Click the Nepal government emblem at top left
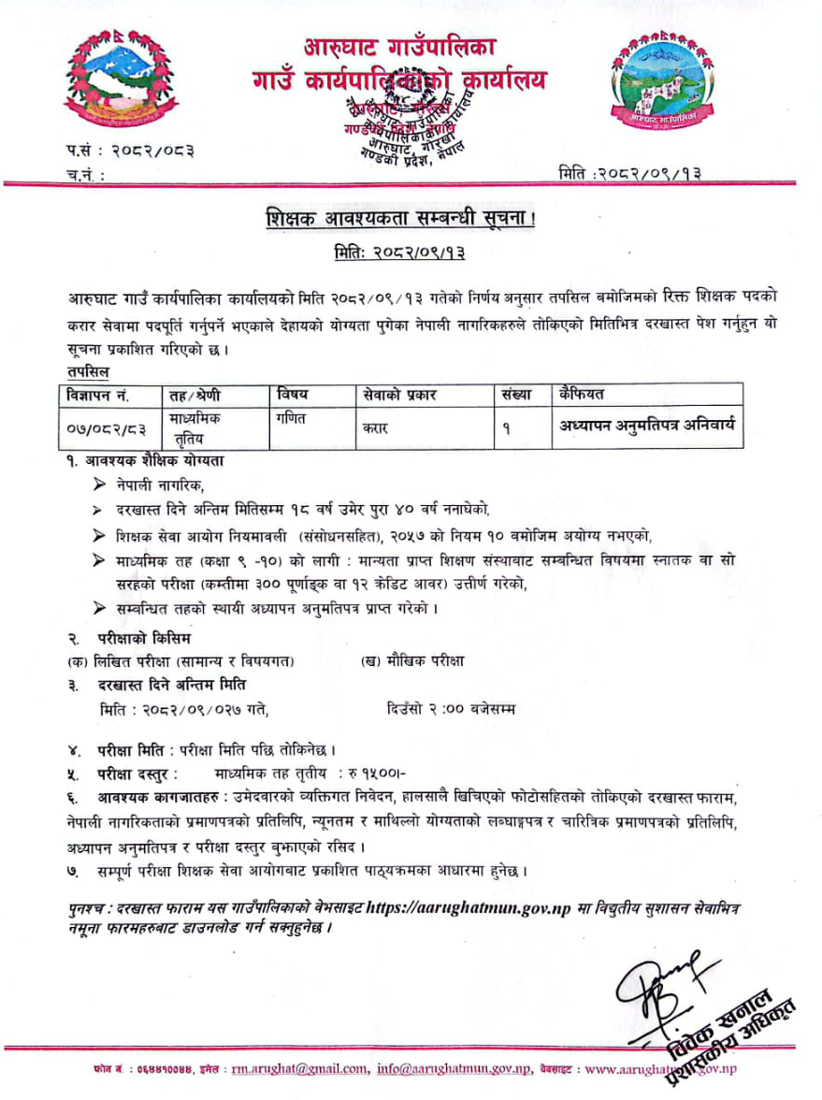pos(118,82)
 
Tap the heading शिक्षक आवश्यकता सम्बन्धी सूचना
pos(411,221)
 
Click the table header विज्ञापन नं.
pos(97,394)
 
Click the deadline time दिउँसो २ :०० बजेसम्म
pos(450,709)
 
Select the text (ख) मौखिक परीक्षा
pos(412,660)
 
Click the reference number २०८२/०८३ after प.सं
pos(151,150)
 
